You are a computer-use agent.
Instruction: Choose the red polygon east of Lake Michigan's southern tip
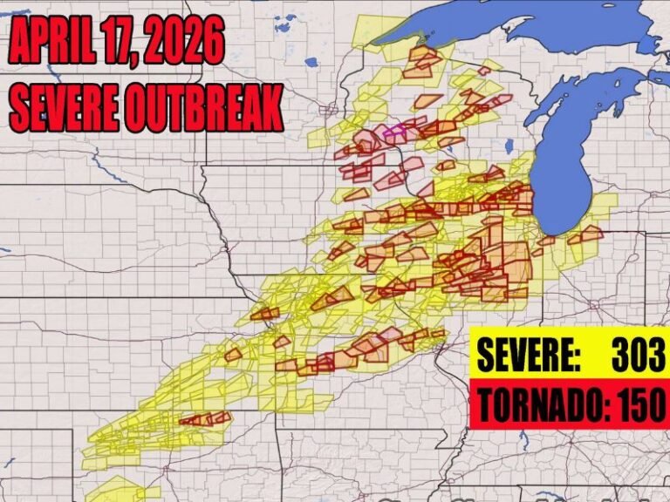585,234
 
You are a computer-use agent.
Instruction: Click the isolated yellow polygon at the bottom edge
113,489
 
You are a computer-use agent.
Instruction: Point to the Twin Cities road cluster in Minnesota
329,111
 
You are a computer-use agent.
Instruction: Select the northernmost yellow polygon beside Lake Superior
377,29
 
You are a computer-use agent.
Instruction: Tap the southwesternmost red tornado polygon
196,419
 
